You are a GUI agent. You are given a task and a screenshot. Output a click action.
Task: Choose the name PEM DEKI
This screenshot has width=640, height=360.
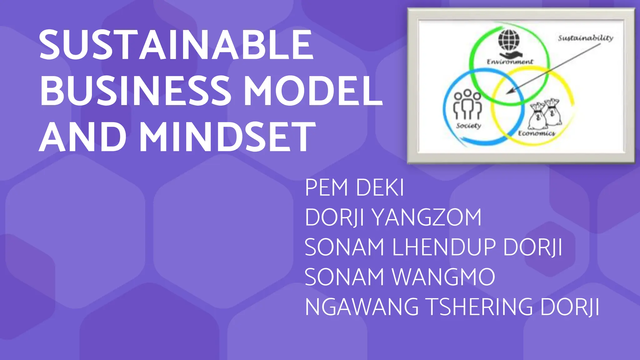354,188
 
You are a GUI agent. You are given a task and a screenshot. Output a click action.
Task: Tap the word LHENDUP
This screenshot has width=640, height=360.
444,247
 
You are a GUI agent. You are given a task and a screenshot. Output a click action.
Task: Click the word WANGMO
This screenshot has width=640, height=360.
444,277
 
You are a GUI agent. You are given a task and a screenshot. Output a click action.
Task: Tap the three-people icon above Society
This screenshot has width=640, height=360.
467,105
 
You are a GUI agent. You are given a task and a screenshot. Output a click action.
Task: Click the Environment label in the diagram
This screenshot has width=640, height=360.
510,62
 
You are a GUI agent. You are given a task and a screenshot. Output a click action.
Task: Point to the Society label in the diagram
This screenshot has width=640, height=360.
468,126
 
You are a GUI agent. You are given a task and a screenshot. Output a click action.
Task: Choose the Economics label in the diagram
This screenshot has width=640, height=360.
536,133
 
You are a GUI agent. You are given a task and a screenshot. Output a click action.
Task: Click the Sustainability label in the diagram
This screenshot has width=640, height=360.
585,38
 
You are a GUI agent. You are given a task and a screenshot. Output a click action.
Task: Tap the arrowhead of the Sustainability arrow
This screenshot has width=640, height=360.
509,92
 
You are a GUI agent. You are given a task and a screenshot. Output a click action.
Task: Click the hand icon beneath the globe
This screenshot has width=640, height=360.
508,55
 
